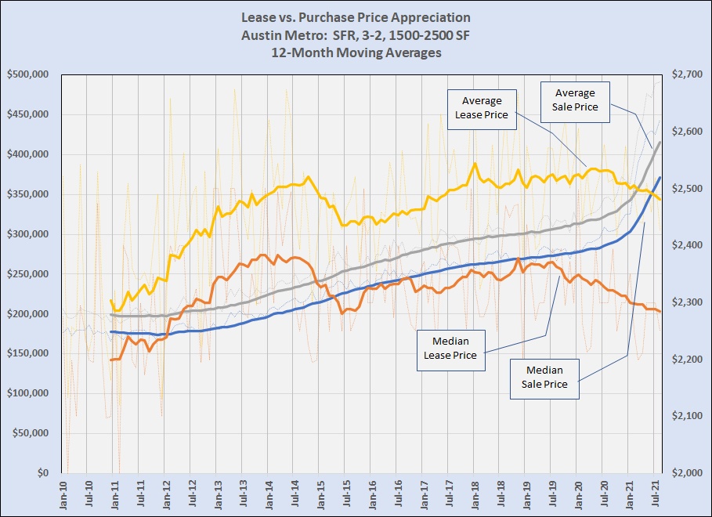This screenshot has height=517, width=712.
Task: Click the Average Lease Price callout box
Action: click(x=482, y=108)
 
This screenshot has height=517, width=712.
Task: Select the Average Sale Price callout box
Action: click(x=576, y=100)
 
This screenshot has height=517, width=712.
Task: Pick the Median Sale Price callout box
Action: click(x=544, y=378)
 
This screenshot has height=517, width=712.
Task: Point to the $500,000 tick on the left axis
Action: click(x=28, y=74)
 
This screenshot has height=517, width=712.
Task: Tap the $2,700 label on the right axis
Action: click(x=685, y=74)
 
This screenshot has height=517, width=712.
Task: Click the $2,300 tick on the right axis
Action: click(x=685, y=302)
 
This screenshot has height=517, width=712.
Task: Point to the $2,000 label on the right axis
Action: click(x=685, y=473)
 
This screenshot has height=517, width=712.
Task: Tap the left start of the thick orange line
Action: click(x=111, y=360)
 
